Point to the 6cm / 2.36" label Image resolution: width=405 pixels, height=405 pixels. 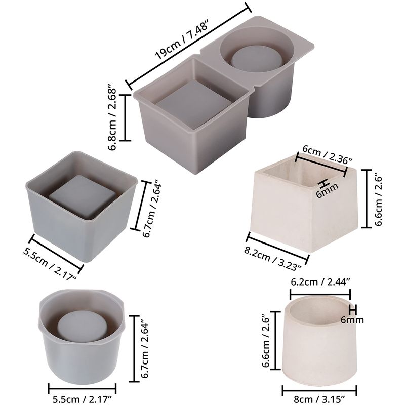pos(327,154)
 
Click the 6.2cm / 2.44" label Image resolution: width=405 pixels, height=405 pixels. pos(320,281)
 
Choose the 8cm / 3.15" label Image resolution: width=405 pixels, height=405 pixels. pos(319,399)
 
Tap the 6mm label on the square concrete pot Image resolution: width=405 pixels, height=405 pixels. pos(327,191)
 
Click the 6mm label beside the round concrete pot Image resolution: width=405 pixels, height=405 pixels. pos(352,320)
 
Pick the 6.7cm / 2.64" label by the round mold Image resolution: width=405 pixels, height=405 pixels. pos(145,350)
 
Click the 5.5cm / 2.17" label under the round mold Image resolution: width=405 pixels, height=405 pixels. pos(83,399)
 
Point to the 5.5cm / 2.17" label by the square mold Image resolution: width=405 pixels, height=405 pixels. pos(50,264)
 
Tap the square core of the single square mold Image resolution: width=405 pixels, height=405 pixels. pos(82,196)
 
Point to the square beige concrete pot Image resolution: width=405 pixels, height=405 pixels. pos(304,204)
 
